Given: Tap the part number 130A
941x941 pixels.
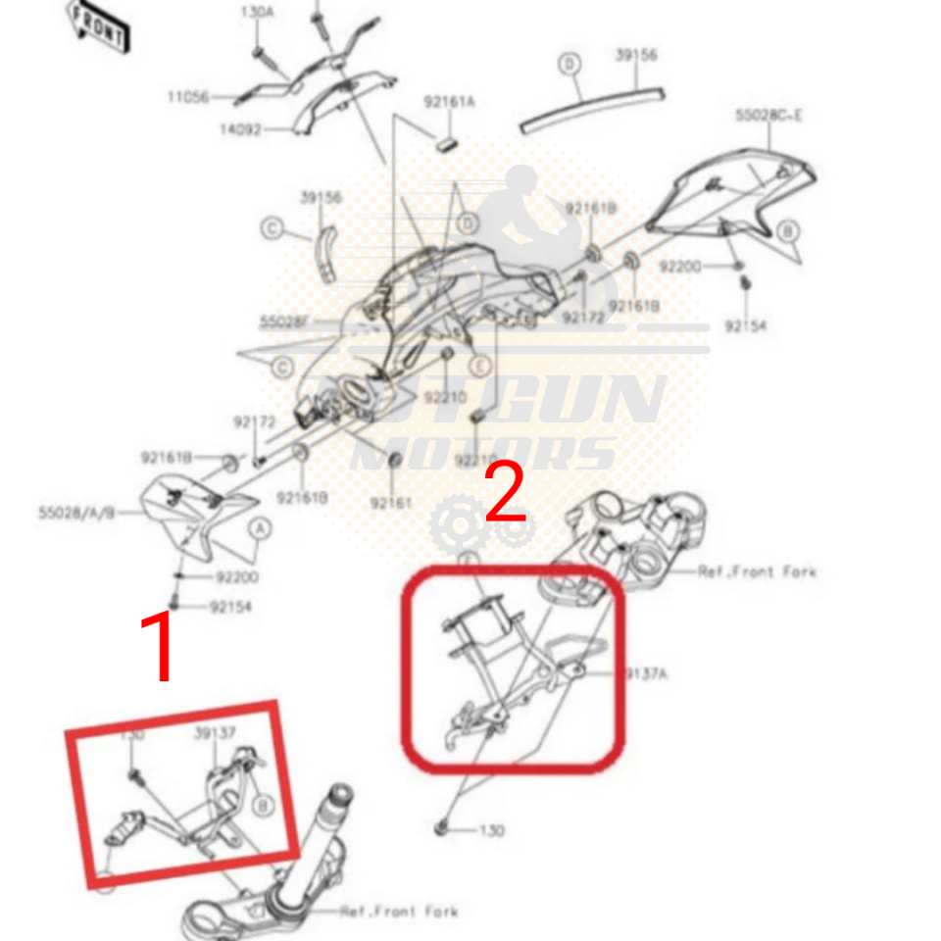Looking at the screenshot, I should [x=260, y=13].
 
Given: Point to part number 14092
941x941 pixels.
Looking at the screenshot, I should [x=240, y=128].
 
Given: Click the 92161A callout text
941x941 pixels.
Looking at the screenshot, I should [x=449, y=101].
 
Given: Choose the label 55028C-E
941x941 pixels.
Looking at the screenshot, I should [x=768, y=115].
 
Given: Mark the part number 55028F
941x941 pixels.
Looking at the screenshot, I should [x=285, y=321].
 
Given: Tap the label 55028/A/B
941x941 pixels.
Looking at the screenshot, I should [x=76, y=512].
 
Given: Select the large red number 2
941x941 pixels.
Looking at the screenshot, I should [x=506, y=494].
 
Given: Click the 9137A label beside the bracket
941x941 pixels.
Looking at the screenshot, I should [x=647, y=673].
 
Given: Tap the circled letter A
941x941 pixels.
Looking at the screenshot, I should [x=260, y=528].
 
